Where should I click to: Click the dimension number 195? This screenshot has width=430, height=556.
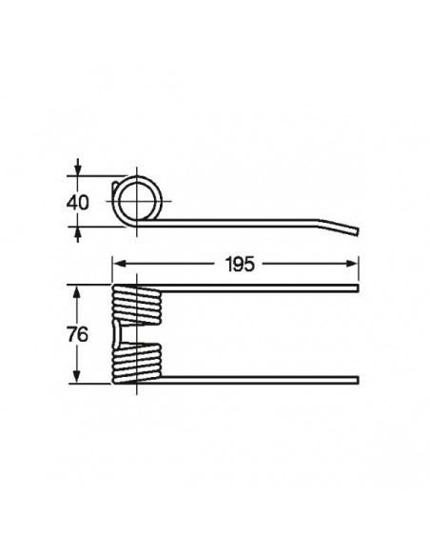(x=242, y=264)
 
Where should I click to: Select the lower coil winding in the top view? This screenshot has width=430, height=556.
(x=139, y=363)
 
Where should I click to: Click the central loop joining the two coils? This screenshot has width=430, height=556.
(x=118, y=334)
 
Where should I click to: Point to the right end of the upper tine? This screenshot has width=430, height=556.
(x=357, y=288)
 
